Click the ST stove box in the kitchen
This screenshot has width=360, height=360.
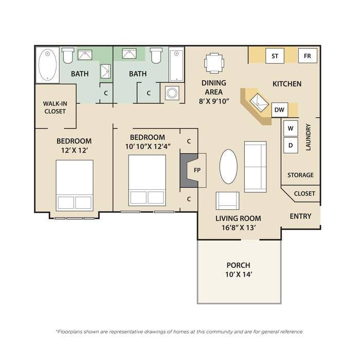[275, 56]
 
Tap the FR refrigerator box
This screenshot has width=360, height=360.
[308, 56]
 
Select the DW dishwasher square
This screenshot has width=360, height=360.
[280, 110]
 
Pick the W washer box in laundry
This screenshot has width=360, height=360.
[291, 129]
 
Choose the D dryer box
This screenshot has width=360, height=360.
[291, 146]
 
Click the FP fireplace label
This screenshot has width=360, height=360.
[197, 170]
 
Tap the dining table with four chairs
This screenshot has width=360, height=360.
[214, 63]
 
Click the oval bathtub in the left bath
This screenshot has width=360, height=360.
[47, 65]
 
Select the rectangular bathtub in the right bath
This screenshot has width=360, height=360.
[176, 65]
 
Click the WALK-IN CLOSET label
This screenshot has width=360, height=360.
[55, 107]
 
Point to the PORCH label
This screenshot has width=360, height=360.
[238, 265]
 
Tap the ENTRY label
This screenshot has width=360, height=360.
[300, 217]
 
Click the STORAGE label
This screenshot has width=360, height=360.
[300, 175]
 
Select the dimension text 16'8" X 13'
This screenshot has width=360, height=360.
[239, 228]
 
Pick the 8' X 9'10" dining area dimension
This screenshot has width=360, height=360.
[214, 101]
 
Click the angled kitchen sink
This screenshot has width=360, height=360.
[259, 102]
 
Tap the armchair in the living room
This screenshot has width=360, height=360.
[227, 201]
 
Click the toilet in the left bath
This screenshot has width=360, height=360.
[68, 56]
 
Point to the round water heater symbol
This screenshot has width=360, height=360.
[172, 93]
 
